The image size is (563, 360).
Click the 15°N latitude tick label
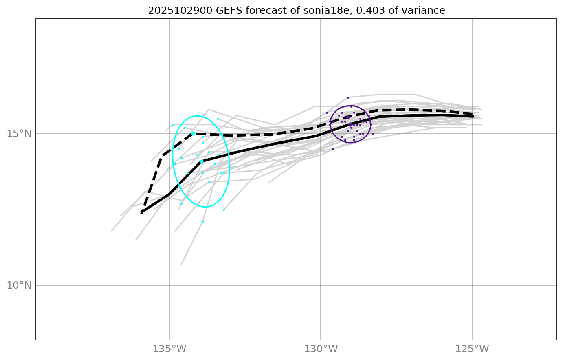point(19,134)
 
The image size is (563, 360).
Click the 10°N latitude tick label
point(19,285)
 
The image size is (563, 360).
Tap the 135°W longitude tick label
point(169,349)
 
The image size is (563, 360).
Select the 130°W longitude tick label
point(321,349)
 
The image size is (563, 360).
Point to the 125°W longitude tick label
point(472,349)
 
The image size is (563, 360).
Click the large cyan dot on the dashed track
point(193,134)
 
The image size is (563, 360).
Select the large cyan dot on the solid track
point(201,162)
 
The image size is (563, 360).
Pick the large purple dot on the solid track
point(350,124)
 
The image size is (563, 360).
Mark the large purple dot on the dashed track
point(347,117)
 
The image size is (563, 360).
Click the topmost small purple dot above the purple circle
point(348,97)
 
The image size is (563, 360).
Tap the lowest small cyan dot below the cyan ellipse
point(202,222)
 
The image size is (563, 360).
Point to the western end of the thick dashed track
point(142,212)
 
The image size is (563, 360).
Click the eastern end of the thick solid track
point(472,116)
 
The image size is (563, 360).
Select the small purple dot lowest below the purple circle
point(333,149)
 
